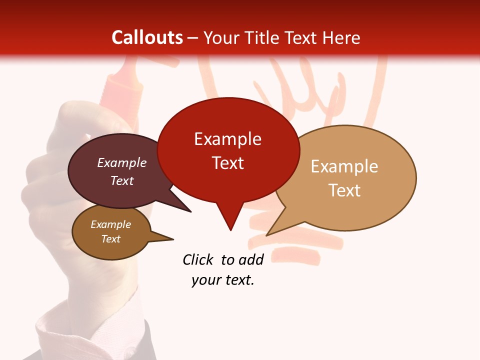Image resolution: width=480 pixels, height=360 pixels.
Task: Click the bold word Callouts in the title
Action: pyautogui.click(x=147, y=37)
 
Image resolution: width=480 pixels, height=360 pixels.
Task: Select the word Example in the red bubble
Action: pyautogui.click(x=227, y=139)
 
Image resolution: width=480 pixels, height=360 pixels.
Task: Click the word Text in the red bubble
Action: pyautogui.click(x=227, y=163)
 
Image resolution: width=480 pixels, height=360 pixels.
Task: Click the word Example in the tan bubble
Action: pyautogui.click(x=344, y=166)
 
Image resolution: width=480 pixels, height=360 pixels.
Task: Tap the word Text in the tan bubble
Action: pyautogui.click(x=344, y=190)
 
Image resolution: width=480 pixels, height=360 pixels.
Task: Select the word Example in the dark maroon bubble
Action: pyautogui.click(x=121, y=163)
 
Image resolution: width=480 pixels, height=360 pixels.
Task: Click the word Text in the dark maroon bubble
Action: pyautogui.click(x=121, y=181)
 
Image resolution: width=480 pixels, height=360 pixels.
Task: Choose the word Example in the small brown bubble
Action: pyautogui.click(x=110, y=224)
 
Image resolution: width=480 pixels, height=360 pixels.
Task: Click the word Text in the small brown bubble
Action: pyautogui.click(x=110, y=239)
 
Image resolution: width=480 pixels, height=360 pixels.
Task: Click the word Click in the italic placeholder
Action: pyautogui.click(x=199, y=259)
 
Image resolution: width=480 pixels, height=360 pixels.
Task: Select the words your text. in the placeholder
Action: pyautogui.click(x=223, y=280)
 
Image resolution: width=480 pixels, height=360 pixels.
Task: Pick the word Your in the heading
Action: pyautogui.click(x=220, y=37)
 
